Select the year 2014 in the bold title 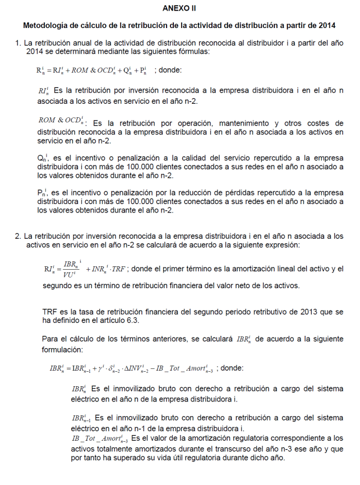click(325, 25)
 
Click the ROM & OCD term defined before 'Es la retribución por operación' click(61, 120)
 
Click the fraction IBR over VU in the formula click(71, 270)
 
